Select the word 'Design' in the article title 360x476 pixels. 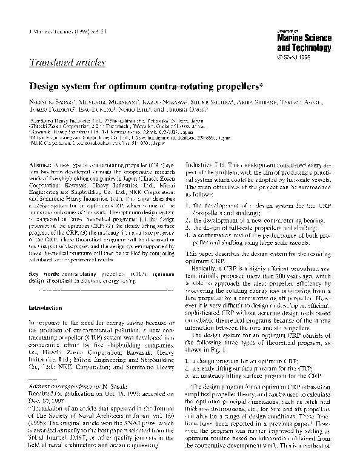(47, 87)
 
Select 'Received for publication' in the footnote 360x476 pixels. (58, 392)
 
